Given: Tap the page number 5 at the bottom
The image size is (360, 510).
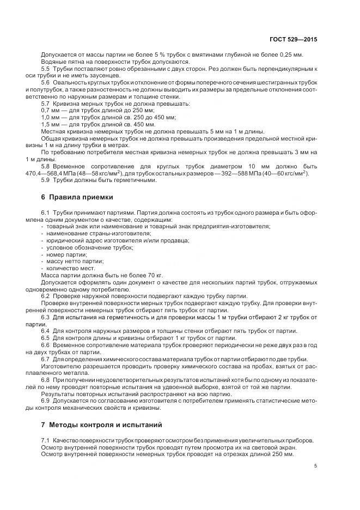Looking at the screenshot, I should point(315,466).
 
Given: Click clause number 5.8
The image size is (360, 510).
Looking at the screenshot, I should point(46,166).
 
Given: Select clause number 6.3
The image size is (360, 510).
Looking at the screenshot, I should point(46,316).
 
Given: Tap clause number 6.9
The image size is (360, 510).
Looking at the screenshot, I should point(46,401).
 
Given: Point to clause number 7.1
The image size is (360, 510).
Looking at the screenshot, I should point(46,440).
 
